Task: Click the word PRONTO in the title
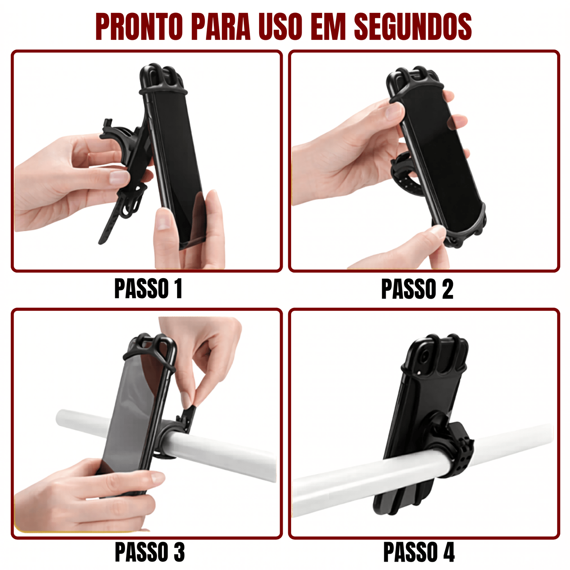point(139,27)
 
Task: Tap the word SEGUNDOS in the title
point(413,27)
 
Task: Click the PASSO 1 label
point(148,289)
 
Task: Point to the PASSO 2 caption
point(417,289)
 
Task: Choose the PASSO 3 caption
point(150,552)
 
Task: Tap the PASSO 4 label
point(419,552)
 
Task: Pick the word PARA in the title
point(221,27)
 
